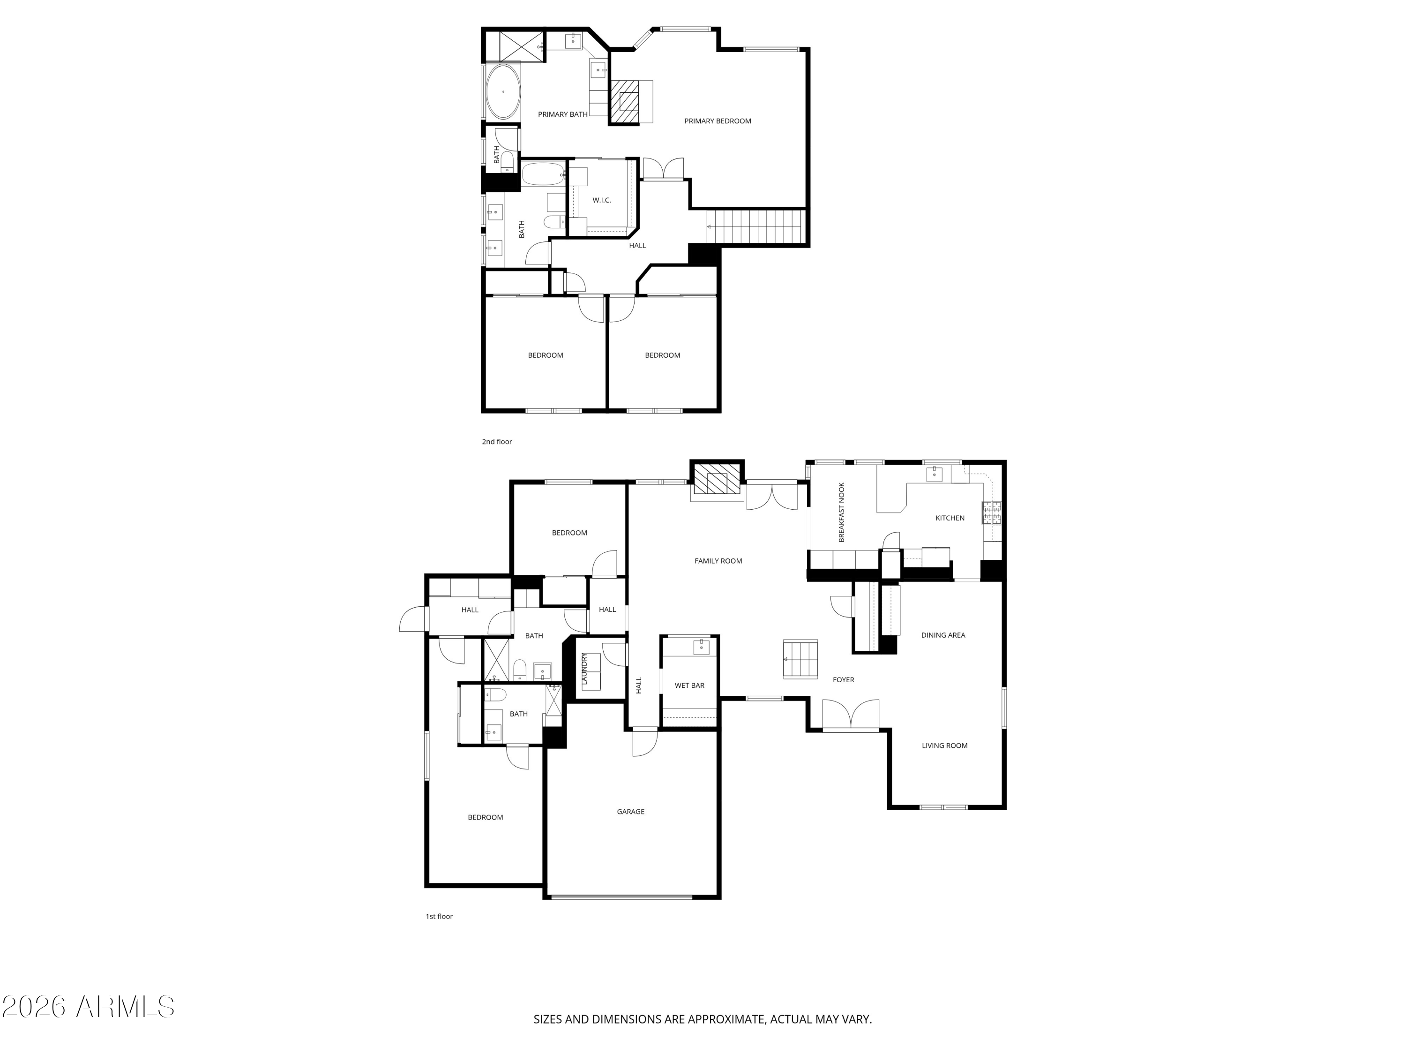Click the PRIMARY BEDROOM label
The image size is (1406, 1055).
(717, 121)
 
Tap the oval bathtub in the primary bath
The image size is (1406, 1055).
(503, 92)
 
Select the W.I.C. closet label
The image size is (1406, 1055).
(601, 200)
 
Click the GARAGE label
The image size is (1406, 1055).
(630, 812)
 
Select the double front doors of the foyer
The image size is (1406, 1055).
(851, 716)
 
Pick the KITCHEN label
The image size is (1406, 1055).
(950, 518)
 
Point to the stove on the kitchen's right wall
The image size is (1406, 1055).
(992, 512)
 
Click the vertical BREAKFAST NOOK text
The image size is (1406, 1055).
(842, 512)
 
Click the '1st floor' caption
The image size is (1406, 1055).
(439, 916)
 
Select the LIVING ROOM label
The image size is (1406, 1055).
(944, 746)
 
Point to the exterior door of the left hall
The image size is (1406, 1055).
(413, 619)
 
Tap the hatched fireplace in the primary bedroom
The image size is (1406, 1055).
(625, 102)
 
